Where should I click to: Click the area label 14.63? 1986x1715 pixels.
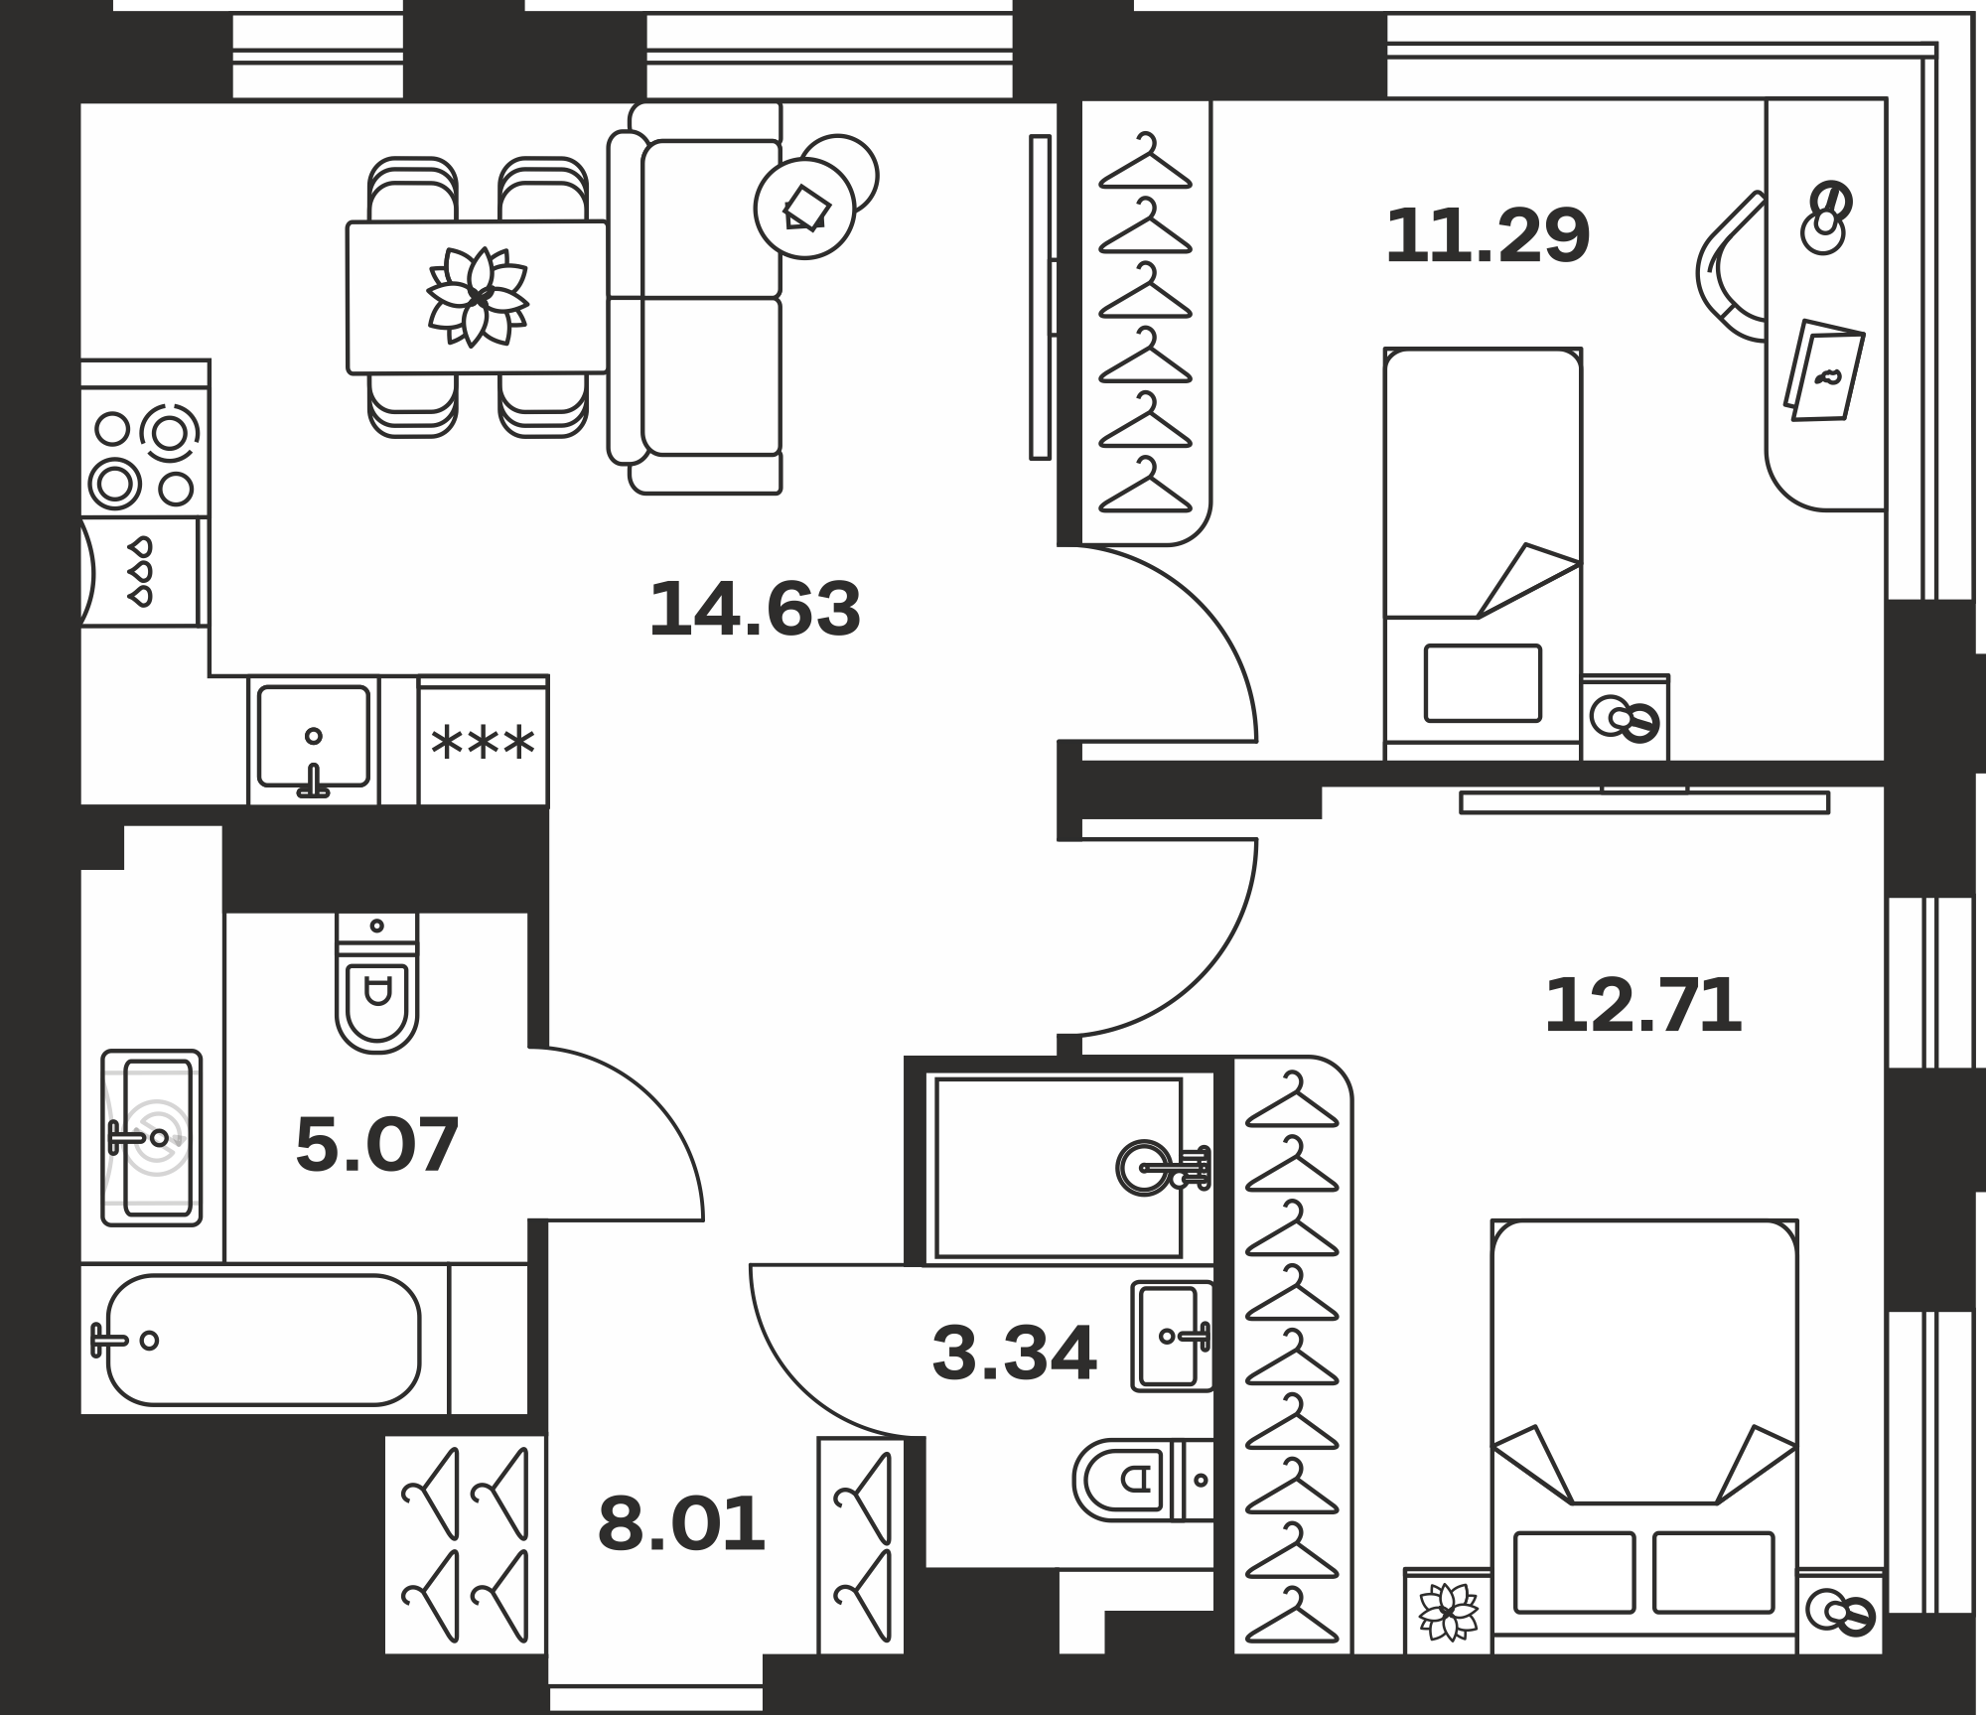(x=755, y=610)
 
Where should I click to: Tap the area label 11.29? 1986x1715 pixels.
(x=1488, y=236)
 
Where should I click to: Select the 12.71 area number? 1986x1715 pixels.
(x=1643, y=1006)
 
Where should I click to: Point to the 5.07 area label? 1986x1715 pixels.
(x=377, y=1145)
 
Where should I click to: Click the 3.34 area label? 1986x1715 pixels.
(x=1014, y=1354)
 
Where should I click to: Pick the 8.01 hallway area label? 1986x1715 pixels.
(x=681, y=1525)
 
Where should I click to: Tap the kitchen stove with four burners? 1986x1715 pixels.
(x=145, y=459)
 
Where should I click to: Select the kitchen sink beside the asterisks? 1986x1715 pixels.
(x=313, y=741)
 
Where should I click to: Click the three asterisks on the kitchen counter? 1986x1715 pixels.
(x=483, y=742)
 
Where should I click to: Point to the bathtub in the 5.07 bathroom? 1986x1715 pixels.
(x=262, y=1340)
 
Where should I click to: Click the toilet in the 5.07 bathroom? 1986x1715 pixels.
(x=376, y=982)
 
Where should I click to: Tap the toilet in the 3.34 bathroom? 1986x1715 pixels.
(x=1143, y=1480)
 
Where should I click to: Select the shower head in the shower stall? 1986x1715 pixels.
(x=1163, y=1167)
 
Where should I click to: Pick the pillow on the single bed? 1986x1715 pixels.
(x=1483, y=683)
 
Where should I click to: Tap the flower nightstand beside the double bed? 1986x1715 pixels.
(x=1448, y=1610)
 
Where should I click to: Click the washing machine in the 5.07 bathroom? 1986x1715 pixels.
(x=152, y=1138)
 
